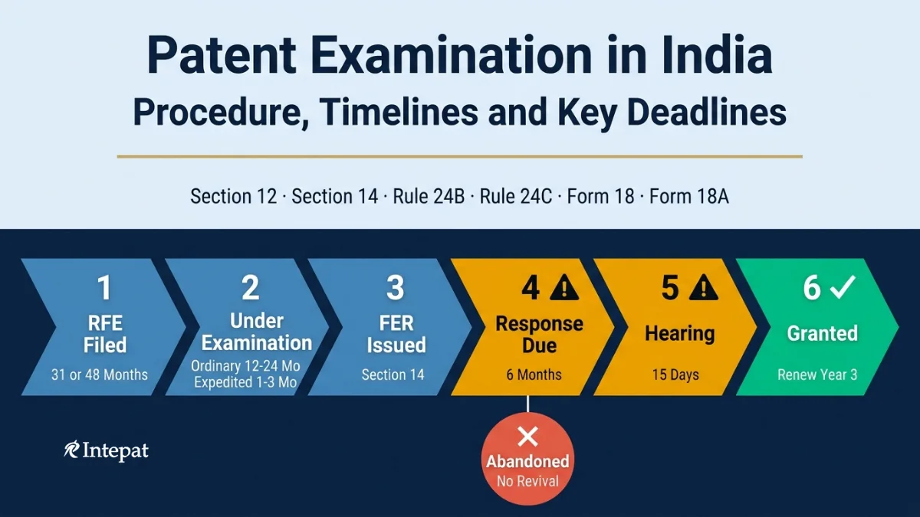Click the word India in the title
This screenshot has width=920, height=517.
click(x=717, y=55)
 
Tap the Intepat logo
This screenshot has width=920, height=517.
click(x=106, y=451)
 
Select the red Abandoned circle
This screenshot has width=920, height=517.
click(x=527, y=459)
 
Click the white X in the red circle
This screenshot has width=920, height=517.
click(x=527, y=437)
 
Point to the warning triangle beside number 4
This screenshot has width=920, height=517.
click(x=564, y=288)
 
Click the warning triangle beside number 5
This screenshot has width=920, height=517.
click(x=704, y=288)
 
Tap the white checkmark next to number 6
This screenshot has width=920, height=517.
click(x=843, y=286)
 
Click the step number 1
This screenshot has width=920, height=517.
click(x=104, y=288)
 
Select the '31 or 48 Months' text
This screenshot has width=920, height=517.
click(x=100, y=375)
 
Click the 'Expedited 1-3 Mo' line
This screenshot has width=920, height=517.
click(x=245, y=382)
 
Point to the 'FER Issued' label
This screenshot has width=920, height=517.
click(x=396, y=334)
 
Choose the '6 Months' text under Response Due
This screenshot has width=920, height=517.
click(x=534, y=375)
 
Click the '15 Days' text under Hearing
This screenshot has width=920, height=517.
click(x=675, y=375)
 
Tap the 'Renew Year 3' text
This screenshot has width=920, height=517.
click(x=817, y=375)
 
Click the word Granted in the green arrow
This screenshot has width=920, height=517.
click(x=822, y=333)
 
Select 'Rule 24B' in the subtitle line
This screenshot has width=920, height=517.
click(x=429, y=196)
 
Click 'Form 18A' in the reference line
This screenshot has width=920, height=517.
click(x=689, y=196)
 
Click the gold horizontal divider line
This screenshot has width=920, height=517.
click(x=459, y=156)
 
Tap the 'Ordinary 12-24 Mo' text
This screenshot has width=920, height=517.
click(x=245, y=365)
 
